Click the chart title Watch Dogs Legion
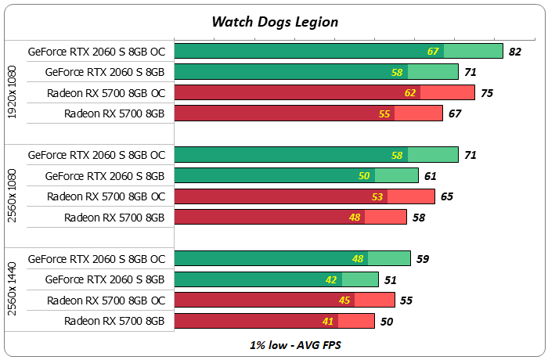[275, 21]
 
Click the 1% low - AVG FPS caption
[275, 344]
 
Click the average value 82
[514, 52]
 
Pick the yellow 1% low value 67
[433, 52]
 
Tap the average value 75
[487, 93]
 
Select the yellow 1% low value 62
[410, 93]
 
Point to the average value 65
[447, 196]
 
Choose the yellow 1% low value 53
[377, 196]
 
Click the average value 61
[431, 176]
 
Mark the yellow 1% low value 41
[327, 320]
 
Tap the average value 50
[387, 320]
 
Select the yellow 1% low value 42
[332, 279]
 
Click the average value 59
[423, 258]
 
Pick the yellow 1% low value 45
[344, 300]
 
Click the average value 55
[406, 300]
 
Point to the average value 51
[391, 279]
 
